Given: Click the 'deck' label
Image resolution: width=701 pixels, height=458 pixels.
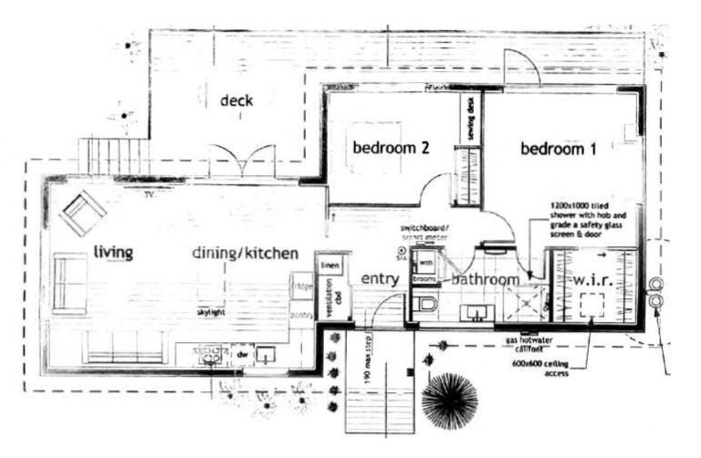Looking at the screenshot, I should [236, 100].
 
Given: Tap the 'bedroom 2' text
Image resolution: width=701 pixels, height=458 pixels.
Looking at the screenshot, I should [392, 147].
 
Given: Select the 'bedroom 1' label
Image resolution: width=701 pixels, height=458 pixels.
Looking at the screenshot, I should [559, 149].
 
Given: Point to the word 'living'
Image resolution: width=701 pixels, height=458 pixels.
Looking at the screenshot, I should [113, 252].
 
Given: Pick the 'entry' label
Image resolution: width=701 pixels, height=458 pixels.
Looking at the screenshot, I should [380, 278].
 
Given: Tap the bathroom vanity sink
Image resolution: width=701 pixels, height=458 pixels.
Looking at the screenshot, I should [476, 313].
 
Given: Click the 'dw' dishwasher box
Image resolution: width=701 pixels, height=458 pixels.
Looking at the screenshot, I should [242, 353].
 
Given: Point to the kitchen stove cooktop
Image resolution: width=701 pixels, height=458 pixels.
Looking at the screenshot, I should [211, 352].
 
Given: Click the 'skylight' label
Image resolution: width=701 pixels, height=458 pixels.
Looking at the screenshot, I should [211, 312].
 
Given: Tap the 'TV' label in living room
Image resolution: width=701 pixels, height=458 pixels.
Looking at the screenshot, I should [149, 194].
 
